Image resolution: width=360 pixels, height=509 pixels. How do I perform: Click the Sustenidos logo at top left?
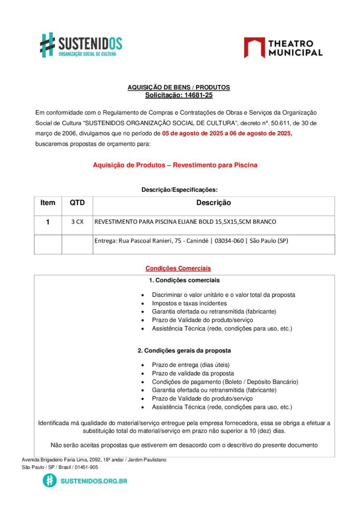(81, 45)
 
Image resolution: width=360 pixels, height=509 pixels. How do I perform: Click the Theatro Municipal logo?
(283, 48)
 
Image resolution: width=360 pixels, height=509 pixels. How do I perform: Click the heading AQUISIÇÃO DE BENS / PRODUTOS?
(179, 87)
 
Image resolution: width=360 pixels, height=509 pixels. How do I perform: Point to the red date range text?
(227, 133)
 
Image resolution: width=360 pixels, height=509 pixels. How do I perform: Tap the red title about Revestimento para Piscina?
(175, 165)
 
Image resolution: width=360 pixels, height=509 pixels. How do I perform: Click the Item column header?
(48, 203)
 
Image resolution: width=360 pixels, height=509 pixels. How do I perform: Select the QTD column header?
(77, 203)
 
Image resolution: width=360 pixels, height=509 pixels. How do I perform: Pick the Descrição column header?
(213, 203)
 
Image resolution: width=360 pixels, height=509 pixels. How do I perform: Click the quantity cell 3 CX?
(77, 222)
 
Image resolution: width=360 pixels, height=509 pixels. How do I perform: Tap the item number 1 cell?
(48, 222)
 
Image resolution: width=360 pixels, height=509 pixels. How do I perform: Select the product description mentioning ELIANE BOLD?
(185, 222)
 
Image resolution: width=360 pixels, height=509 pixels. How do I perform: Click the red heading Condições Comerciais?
(178, 268)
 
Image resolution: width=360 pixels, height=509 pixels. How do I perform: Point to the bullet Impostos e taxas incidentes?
(189, 303)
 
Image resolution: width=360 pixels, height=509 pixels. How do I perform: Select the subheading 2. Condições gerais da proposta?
(184, 350)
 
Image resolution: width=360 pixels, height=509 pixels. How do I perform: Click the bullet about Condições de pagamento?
(225, 381)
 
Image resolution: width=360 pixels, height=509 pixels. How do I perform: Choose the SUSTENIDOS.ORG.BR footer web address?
(93, 481)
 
